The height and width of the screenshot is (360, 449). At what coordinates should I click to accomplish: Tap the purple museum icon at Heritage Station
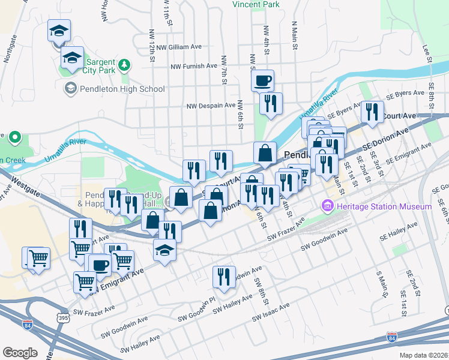pyautogui.click(x=328, y=207)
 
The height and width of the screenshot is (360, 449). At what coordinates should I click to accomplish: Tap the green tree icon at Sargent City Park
pyautogui.click(x=124, y=64)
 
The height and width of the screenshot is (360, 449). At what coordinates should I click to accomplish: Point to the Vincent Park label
pyautogui.click(x=256, y=4)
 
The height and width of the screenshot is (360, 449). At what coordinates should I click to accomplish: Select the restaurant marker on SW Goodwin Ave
pyautogui.click(x=223, y=277)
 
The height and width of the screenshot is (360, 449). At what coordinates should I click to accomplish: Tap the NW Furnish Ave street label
pyautogui.click(x=194, y=66)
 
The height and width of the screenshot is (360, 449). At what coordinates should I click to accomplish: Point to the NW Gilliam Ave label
pyautogui.click(x=177, y=47)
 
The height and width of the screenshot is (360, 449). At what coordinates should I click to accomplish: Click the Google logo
pyautogui.click(x=20, y=353)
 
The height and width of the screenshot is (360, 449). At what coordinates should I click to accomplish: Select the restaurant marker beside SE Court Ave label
pyautogui.click(x=372, y=112)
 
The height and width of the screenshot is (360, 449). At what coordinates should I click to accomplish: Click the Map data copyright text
pyautogui.click(x=424, y=355)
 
